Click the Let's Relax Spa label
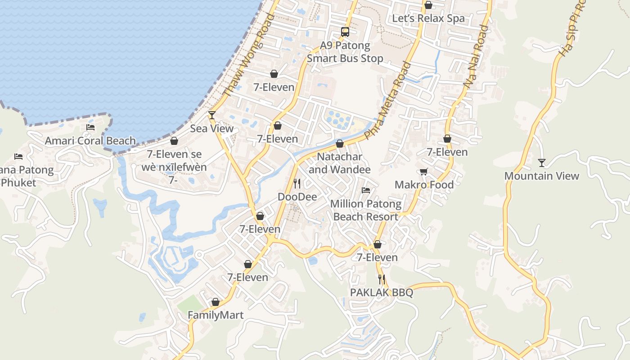point(428,18)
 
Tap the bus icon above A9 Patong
point(345,32)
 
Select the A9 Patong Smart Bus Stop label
point(345,52)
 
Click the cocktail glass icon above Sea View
point(212,115)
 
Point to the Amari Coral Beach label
point(90,141)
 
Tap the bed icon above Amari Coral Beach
point(90,127)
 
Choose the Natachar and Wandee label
point(340,163)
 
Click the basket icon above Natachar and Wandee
point(340,144)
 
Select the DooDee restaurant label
point(297,197)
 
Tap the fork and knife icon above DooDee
point(297,183)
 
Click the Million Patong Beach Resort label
point(366,210)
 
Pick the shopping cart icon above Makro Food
point(423,171)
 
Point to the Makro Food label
point(424,184)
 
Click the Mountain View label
point(541,176)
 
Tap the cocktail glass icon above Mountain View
point(542,162)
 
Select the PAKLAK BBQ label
point(382,292)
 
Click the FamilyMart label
point(216,315)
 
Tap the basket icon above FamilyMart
point(216,302)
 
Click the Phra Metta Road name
point(388,100)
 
